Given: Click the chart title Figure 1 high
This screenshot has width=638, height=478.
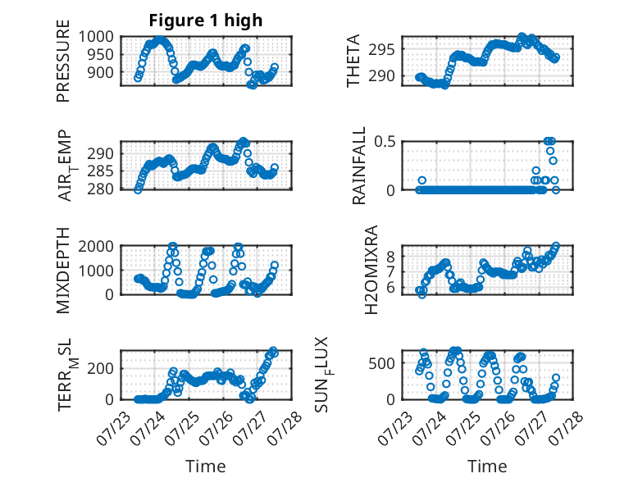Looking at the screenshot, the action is [206, 20].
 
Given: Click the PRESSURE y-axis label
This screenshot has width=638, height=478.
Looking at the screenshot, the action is [63, 61].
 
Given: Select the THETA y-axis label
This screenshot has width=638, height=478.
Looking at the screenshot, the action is [353, 61].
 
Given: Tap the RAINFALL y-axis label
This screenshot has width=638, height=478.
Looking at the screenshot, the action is [359, 166].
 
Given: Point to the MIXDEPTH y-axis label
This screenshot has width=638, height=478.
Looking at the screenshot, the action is [63, 270].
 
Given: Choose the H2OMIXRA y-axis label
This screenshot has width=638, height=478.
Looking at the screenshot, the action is [371, 270].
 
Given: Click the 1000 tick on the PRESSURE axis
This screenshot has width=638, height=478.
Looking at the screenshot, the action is [96, 37].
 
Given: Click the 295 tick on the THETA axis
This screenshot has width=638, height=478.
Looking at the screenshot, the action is [381, 50].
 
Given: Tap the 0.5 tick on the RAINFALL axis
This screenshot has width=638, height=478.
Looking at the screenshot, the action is [385, 142].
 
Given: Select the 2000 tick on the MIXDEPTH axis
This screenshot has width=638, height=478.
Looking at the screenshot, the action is [96, 246].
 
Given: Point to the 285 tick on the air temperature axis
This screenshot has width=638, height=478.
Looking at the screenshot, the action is [101, 171].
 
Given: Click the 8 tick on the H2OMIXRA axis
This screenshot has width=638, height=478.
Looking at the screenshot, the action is [391, 257].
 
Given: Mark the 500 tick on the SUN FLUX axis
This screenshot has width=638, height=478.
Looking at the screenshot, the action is [381, 363].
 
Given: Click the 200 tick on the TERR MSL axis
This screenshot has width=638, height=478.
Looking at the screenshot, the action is [101, 368].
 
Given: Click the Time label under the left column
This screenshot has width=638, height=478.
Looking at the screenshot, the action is [206, 467].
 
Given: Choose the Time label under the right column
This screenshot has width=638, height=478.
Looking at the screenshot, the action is [487, 467].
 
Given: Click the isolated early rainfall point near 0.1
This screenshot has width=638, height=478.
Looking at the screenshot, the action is [422, 180].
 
